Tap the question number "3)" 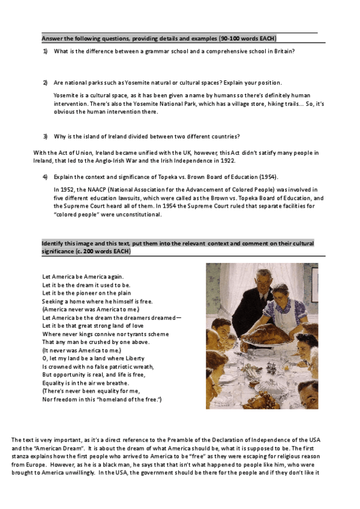pyautogui.click(x=45, y=136)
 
